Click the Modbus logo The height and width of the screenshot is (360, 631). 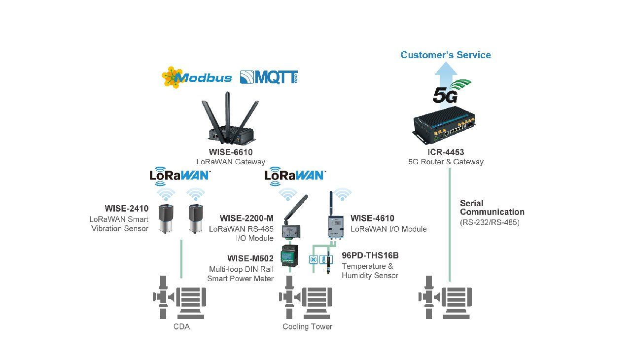(x=197, y=77)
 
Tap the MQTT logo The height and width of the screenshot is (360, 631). (x=269, y=77)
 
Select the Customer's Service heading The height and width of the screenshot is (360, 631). (x=446, y=55)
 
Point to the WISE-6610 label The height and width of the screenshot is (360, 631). (x=231, y=152)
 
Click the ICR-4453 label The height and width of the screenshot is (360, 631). (x=446, y=152)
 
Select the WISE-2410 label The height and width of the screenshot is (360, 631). (x=127, y=209)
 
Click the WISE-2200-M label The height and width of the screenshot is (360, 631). (x=246, y=218)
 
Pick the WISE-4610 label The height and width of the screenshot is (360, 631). (x=372, y=218)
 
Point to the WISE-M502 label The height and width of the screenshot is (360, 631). (x=250, y=258)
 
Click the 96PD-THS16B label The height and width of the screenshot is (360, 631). (x=370, y=255)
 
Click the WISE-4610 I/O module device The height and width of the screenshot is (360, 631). (x=336, y=225)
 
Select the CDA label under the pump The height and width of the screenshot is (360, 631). (x=181, y=326)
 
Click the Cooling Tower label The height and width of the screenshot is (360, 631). (x=307, y=326)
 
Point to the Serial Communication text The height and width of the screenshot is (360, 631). (x=492, y=208)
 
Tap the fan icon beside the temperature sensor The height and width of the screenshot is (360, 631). (x=314, y=259)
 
